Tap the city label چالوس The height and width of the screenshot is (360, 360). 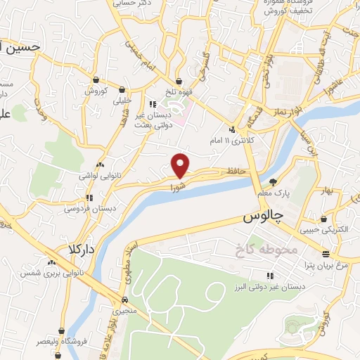click(x=262, y=218)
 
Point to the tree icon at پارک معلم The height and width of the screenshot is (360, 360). click(x=283, y=181)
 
